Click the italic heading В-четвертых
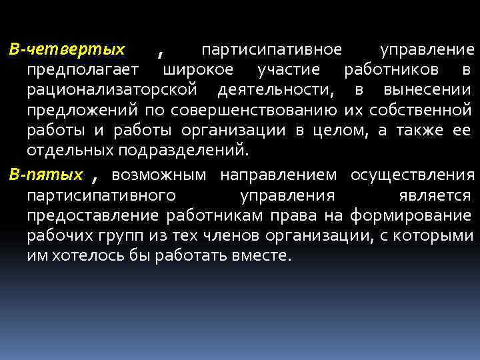67,50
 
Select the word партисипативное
271,51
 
